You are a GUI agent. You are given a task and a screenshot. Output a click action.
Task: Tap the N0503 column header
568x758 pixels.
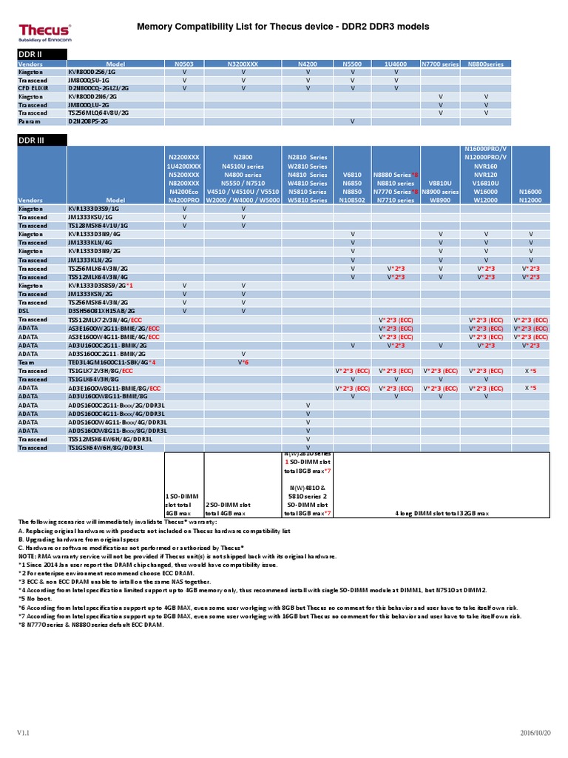tap(183, 64)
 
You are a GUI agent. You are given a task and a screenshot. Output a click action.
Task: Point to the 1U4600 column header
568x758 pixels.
tap(396, 64)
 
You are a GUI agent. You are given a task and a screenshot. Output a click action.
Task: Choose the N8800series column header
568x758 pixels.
tap(486, 64)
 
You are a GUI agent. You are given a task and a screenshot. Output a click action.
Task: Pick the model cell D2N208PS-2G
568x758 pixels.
tap(88, 120)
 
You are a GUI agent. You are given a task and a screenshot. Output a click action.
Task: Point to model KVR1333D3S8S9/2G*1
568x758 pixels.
tap(101, 285)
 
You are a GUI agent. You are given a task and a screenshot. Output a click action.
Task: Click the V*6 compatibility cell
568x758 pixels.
tap(243, 362)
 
